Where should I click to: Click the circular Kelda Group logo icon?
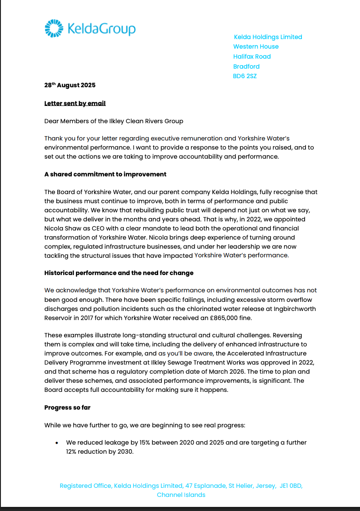tap(54, 28)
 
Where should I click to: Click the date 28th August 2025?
tap(70, 85)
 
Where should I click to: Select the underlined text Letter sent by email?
tap(75, 103)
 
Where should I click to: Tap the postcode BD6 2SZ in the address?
tap(245, 76)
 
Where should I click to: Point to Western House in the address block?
tap(255, 46)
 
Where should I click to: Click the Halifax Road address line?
tap(252, 56)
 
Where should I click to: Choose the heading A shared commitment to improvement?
tap(105, 174)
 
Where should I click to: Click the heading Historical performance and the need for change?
tap(119, 273)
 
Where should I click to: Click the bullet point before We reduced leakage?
tap(56, 443)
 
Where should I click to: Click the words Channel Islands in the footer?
tap(181, 495)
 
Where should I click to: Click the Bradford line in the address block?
tap(246, 66)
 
